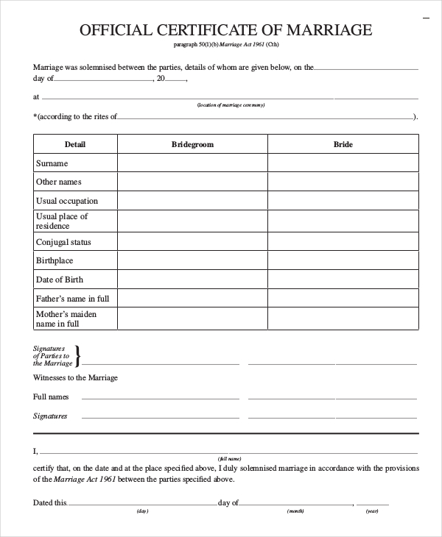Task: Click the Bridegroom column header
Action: point(192,144)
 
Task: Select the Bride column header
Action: point(343,144)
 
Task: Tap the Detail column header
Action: point(75,144)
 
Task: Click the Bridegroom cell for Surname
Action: point(192,163)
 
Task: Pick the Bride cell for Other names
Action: point(343,182)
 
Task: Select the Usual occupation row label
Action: point(67,201)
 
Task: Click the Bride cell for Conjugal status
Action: point(343,242)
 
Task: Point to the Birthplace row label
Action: point(55,260)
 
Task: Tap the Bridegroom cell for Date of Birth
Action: point(192,280)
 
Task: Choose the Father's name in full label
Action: point(72,299)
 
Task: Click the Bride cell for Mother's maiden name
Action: point(343,319)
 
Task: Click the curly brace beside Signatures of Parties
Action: point(78,355)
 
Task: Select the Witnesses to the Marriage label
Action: point(75,377)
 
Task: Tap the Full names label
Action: point(51,396)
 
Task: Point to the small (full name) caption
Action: point(225,458)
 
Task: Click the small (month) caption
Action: point(296,511)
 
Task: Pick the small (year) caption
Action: point(372,511)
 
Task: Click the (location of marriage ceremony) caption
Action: point(231,105)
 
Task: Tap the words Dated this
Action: point(49,502)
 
